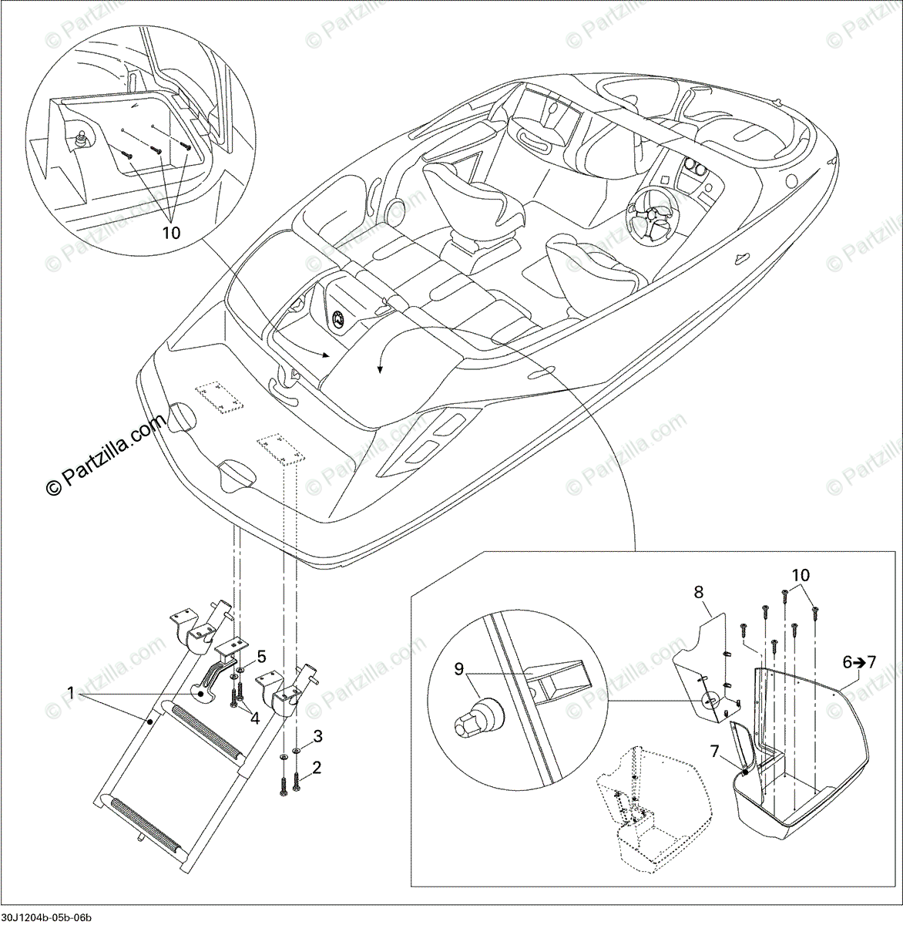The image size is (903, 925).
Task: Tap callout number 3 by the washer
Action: [317, 735]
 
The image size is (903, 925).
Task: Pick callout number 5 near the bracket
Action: [262, 656]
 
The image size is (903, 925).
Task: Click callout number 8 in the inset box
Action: [699, 593]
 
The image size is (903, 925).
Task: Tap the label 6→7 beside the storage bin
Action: [859, 661]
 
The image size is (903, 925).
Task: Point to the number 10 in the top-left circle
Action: [172, 232]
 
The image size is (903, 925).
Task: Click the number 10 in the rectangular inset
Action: [801, 575]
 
